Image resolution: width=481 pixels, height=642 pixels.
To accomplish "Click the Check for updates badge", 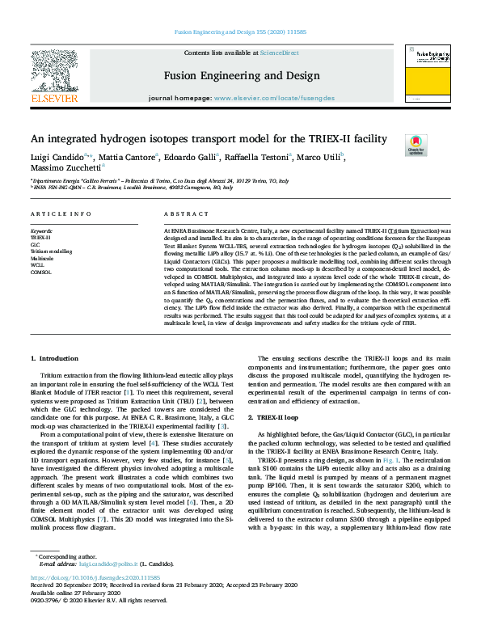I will click(416, 145).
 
